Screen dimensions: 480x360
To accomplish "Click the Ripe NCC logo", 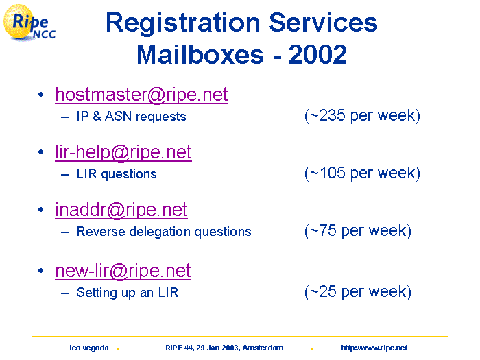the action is point(29,23).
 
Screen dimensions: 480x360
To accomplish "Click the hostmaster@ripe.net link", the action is point(141,95).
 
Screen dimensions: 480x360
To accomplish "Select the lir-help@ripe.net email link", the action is point(123,152).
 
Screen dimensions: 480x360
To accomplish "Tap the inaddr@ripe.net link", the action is point(121,210).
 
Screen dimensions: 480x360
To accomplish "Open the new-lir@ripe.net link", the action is point(123,271).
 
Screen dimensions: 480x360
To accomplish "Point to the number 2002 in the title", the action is point(317,54).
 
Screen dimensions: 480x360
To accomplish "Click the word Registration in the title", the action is point(183,23).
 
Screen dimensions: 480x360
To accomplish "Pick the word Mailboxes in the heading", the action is point(200,54).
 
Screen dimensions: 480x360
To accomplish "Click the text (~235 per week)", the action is point(362,116).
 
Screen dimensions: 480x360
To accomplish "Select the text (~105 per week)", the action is point(362,173).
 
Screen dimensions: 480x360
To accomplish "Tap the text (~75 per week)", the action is point(358,231).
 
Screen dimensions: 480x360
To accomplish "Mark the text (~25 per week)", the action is point(358,291).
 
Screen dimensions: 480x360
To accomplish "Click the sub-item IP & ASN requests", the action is point(132,117).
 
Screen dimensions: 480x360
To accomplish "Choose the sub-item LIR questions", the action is point(117,174).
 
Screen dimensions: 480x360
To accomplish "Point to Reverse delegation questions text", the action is point(164,232).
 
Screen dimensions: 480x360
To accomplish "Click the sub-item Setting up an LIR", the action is point(128,293).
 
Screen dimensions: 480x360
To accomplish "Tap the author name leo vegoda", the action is point(88,348).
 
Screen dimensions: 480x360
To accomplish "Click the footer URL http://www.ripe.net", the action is point(374,348).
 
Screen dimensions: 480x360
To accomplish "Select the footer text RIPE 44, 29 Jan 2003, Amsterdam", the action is point(224,348).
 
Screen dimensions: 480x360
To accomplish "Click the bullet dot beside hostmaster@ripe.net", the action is point(41,95).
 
